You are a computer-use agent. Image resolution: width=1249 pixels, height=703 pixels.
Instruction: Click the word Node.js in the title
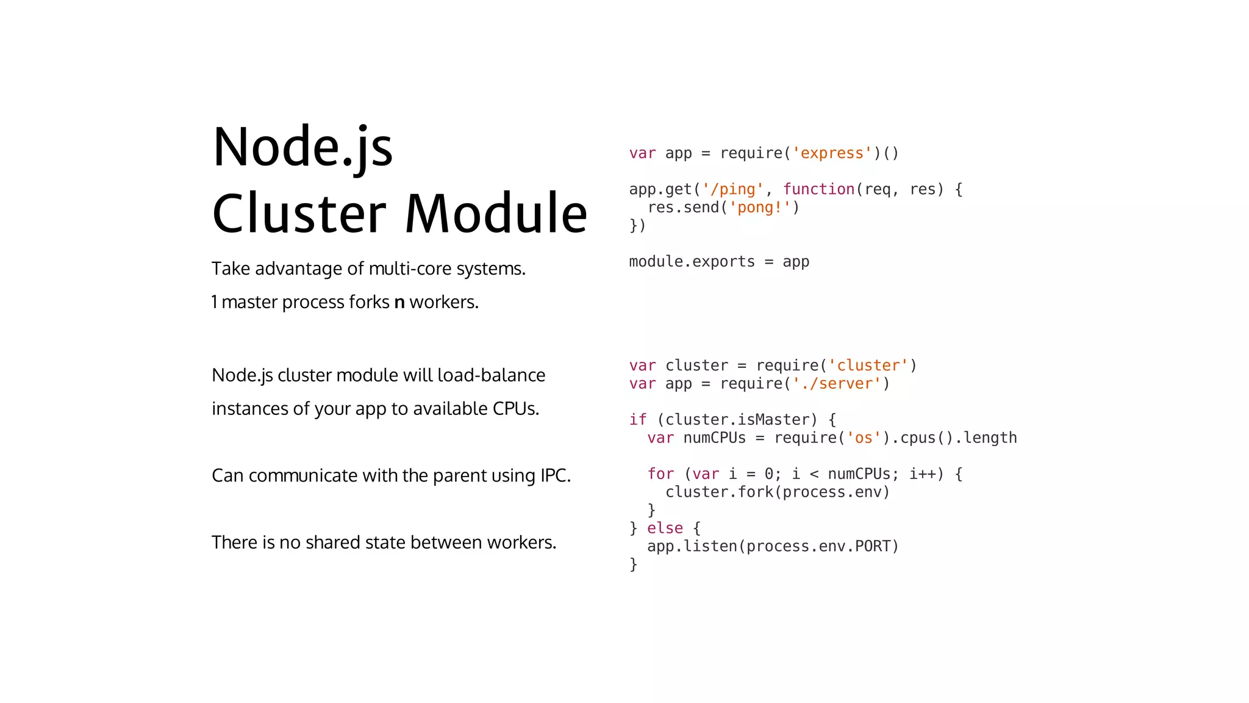[302, 148]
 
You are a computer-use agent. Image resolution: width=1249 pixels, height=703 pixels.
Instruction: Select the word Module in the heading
[496, 214]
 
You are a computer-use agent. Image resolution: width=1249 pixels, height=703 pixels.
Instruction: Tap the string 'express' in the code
[832, 153]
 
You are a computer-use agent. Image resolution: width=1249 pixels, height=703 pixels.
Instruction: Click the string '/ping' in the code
[732, 189]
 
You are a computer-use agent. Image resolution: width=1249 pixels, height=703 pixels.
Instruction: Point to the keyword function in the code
[818, 189]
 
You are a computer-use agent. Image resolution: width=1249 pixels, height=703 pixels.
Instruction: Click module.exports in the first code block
[692, 262]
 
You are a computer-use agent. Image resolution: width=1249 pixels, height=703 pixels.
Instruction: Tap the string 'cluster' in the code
[868, 366]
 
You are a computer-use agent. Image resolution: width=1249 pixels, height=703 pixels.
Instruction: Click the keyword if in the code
[638, 420]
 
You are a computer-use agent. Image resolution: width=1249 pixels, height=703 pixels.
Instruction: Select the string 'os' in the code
[863, 438]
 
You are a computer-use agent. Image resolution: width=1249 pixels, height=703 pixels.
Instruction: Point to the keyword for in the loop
[660, 474]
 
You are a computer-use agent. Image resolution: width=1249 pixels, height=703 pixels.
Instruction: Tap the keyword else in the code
[665, 528]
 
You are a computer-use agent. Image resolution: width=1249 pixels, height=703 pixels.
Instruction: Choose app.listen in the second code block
[692, 546]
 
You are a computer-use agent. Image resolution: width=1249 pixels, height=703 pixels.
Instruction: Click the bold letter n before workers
[399, 302]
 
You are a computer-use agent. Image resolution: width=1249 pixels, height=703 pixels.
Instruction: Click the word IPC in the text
[554, 475]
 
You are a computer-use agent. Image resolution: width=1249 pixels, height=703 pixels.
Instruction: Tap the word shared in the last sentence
[332, 543]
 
